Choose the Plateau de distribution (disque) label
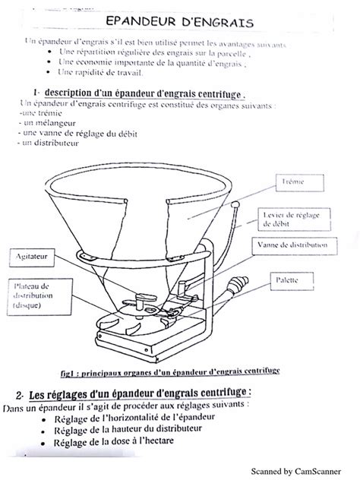point(32,295)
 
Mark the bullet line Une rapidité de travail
point(105,73)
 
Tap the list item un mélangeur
point(41,122)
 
